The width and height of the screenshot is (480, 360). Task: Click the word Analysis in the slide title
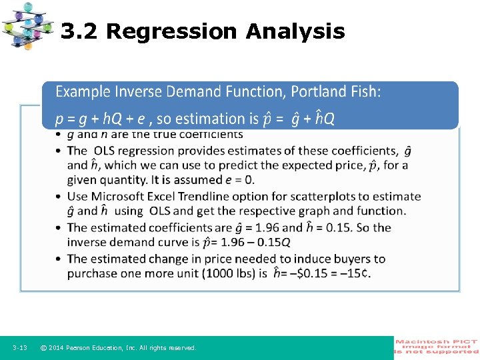295,31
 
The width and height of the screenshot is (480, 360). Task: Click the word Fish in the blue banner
365,91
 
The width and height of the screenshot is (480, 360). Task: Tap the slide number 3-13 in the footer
20,348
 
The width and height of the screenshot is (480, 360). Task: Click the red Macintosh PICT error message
437,347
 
